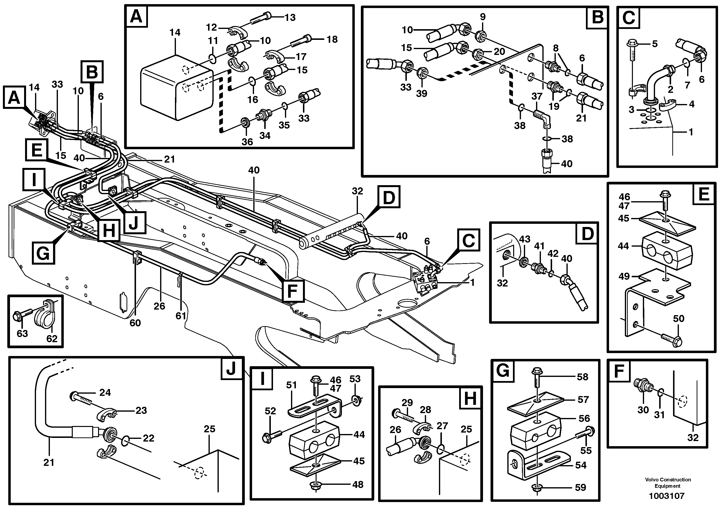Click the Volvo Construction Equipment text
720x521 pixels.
tap(668, 483)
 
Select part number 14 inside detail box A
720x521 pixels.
tap(175, 32)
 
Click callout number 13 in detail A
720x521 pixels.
tap(290, 17)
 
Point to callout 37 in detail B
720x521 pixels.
tap(537, 96)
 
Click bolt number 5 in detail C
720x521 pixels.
tap(655, 43)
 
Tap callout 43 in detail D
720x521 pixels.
tap(524, 239)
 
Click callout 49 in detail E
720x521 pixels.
tap(624, 276)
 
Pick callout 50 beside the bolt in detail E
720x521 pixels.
tap(678, 318)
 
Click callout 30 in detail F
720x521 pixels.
tap(643, 410)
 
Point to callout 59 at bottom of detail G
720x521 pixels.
tap(580, 487)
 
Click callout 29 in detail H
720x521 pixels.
tap(407, 403)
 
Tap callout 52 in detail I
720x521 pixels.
tap(270, 411)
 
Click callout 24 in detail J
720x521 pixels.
tap(105, 393)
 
